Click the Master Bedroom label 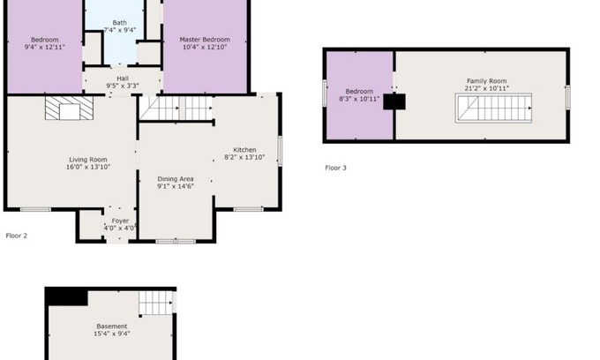(x=205, y=40)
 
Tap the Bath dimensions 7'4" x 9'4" (x=120, y=30)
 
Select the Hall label (x=123, y=79)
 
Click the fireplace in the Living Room (x=69, y=108)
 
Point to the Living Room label (x=88, y=160)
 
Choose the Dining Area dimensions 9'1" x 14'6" (x=176, y=186)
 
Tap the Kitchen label (x=245, y=150)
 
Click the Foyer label (x=120, y=221)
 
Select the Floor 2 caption (x=17, y=236)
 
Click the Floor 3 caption (x=335, y=168)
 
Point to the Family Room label (x=487, y=81)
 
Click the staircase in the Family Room (x=493, y=109)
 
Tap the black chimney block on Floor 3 (x=394, y=101)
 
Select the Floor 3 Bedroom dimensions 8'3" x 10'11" (x=359, y=99)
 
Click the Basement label (x=112, y=326)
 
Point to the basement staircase (x=155, y=303)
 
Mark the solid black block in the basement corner (x=66, y=297)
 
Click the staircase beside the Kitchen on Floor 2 (x=176, y=109)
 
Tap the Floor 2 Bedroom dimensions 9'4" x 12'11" (x=45, y=47)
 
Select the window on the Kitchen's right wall (x=280, y=151)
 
